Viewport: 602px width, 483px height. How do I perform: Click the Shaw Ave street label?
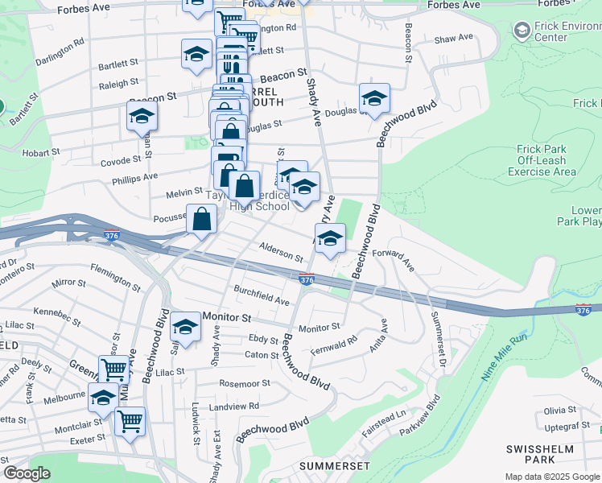point(454,39)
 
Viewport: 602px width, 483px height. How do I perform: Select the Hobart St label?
point(43,152)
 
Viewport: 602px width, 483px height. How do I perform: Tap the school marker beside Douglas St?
point(374,98)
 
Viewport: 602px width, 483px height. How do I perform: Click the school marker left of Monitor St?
point(186,327)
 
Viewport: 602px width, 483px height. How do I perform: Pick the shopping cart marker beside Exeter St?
point(130,420)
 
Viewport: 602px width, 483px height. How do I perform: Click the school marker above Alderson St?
point(329,237)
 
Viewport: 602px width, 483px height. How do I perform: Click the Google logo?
point(27,473)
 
